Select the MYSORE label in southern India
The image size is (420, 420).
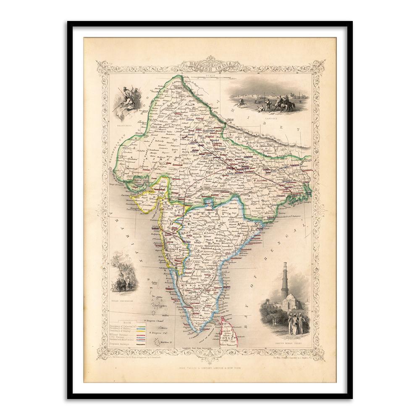click(x=194, y=286)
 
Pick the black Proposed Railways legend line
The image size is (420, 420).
click(x=138, y=344)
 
